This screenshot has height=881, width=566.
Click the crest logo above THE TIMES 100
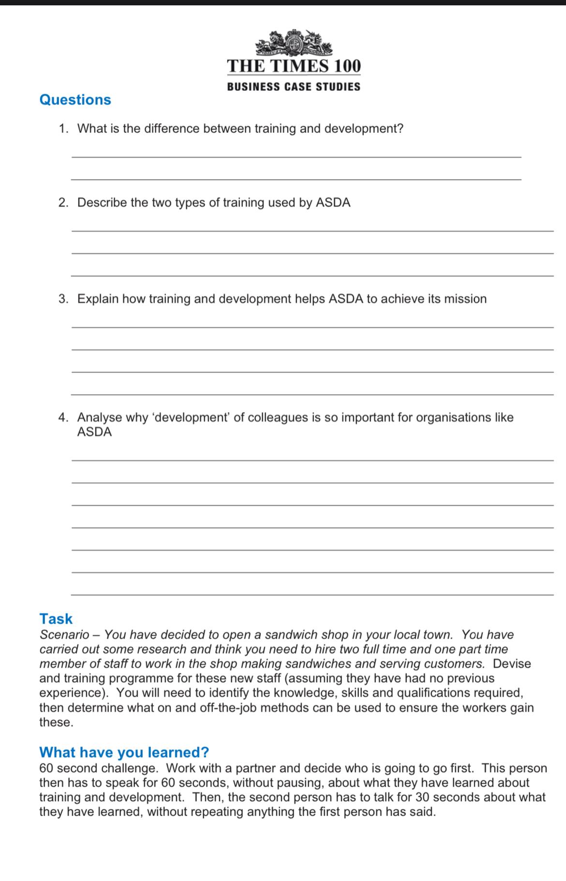[x=294, y=43]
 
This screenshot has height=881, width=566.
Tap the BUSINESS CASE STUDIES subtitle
[x=294, y=87]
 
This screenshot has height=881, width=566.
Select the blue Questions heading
[x=75, y=100]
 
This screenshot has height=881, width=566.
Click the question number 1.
[x=62, y=129]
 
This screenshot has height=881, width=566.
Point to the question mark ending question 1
[x=400, y=129]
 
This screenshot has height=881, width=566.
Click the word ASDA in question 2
[x=333, y=203]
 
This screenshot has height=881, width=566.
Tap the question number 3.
[x=62, y=299]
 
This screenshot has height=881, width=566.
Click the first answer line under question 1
[x=296, y=156]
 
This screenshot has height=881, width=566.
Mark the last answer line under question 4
[x=312, y=594]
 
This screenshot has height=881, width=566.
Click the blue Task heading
[x=56, y=619]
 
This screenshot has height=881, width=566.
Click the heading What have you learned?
[x=124, y=752]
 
